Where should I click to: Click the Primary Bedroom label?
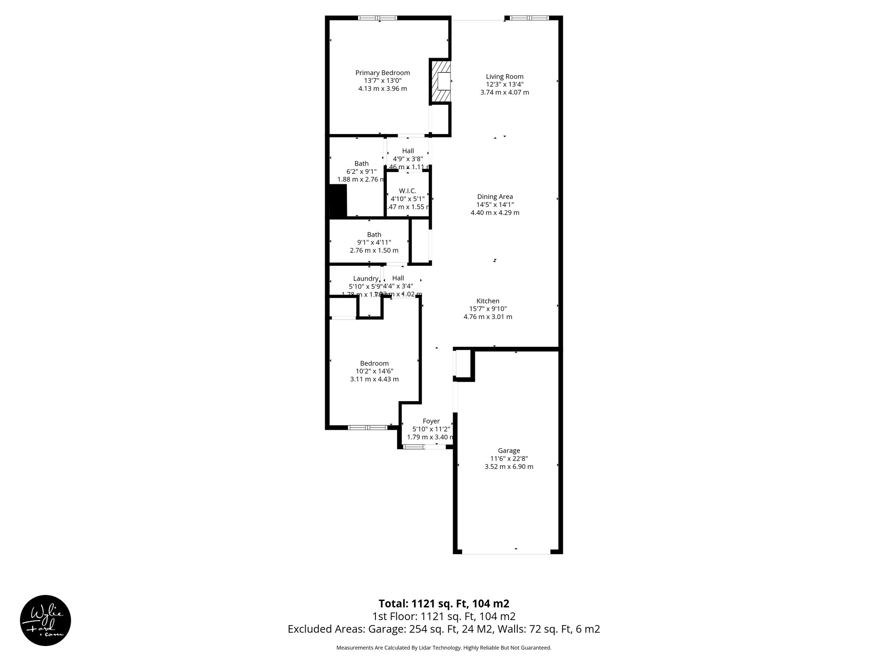click(x=382, y=73)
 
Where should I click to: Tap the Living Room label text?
click(x=504, y=77)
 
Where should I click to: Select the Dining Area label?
click(x=495, y=197)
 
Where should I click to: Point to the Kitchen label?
click(x=488, y=301)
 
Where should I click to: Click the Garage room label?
click(x=509, y=451)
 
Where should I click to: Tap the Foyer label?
click(x=431, y=421)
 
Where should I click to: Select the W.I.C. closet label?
click(x=408, y=191)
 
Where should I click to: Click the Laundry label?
click(x=366, y=278)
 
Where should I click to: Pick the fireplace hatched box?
click(x=440, y=82)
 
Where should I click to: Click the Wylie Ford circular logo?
click(x=46, y=620)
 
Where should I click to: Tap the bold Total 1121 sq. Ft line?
click(x=444, y=604)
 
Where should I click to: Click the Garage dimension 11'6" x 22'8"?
click(x=509, y=458)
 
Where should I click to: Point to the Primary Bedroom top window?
click(x=377, y=18)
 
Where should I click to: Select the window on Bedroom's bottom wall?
click(x=368, y=428)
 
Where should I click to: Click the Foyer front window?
click(x=413, y=447)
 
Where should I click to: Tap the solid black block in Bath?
click(x=338, y=200)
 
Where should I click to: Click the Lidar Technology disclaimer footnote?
click(x=444, y=648)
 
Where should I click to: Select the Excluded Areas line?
click(x=444, y=629)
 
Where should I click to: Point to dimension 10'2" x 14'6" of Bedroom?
click(x=374, y=371)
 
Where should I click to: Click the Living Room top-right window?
click(x=529, y=18)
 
